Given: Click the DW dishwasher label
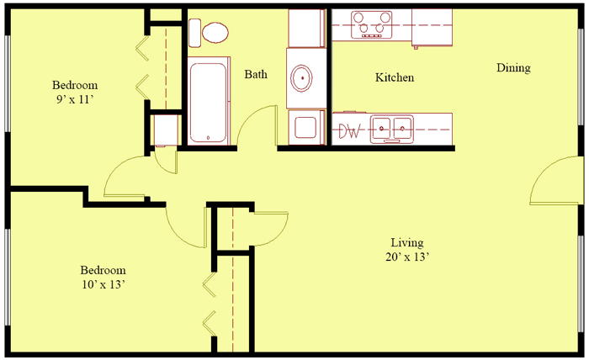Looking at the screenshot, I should click(x=350, y=131).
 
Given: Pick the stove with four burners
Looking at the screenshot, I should click(x=372, y=24).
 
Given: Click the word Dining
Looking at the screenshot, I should click(x=513, y=68).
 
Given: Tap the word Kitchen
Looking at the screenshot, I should click(x=394, y=78).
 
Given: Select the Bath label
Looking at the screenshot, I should click(x=256, y=75).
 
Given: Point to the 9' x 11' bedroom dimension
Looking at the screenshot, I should click(x=75, y=99).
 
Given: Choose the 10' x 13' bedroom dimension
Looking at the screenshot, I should click(x=103, y=284).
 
